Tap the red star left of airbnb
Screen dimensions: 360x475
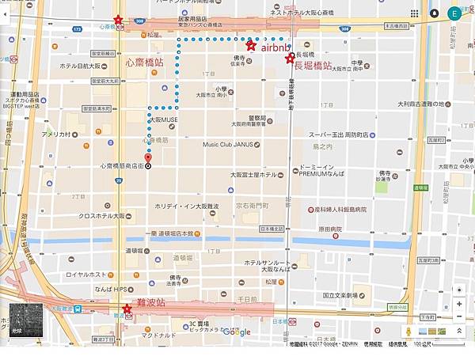click(251, 46)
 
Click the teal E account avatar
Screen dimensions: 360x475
click(454, 13)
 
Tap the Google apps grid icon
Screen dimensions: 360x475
click(416, 13)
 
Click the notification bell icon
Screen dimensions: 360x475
click(435, 13)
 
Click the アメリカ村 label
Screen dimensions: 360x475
click(57, 135)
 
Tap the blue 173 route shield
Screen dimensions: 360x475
click(77, 28)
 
